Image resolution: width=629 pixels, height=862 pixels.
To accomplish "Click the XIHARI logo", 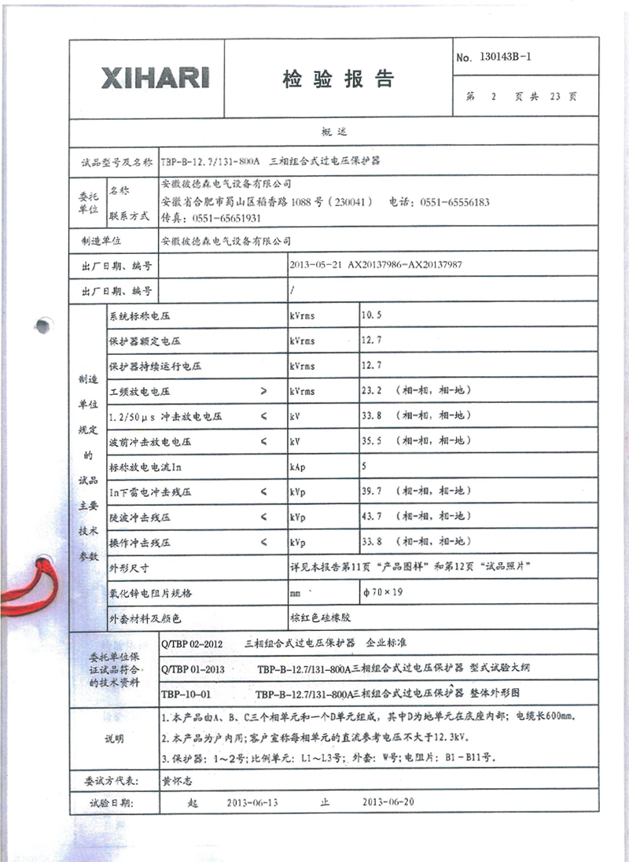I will (155, 78).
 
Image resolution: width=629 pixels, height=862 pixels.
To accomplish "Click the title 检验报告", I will (337, 79).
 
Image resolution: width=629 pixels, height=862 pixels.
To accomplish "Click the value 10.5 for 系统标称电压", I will (371, 315).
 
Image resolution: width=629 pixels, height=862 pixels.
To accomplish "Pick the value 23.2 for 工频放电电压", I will (371, 391).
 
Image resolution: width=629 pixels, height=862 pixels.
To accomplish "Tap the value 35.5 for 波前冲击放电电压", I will (371, 441).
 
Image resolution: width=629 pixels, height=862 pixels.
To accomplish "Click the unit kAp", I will (299, 466).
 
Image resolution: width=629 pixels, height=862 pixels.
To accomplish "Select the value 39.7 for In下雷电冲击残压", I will (371, 492).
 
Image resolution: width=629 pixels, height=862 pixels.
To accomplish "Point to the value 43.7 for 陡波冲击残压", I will (371, 517).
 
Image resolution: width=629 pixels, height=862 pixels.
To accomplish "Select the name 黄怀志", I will (176, 781).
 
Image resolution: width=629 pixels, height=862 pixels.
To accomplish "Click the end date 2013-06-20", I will (387, 803).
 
